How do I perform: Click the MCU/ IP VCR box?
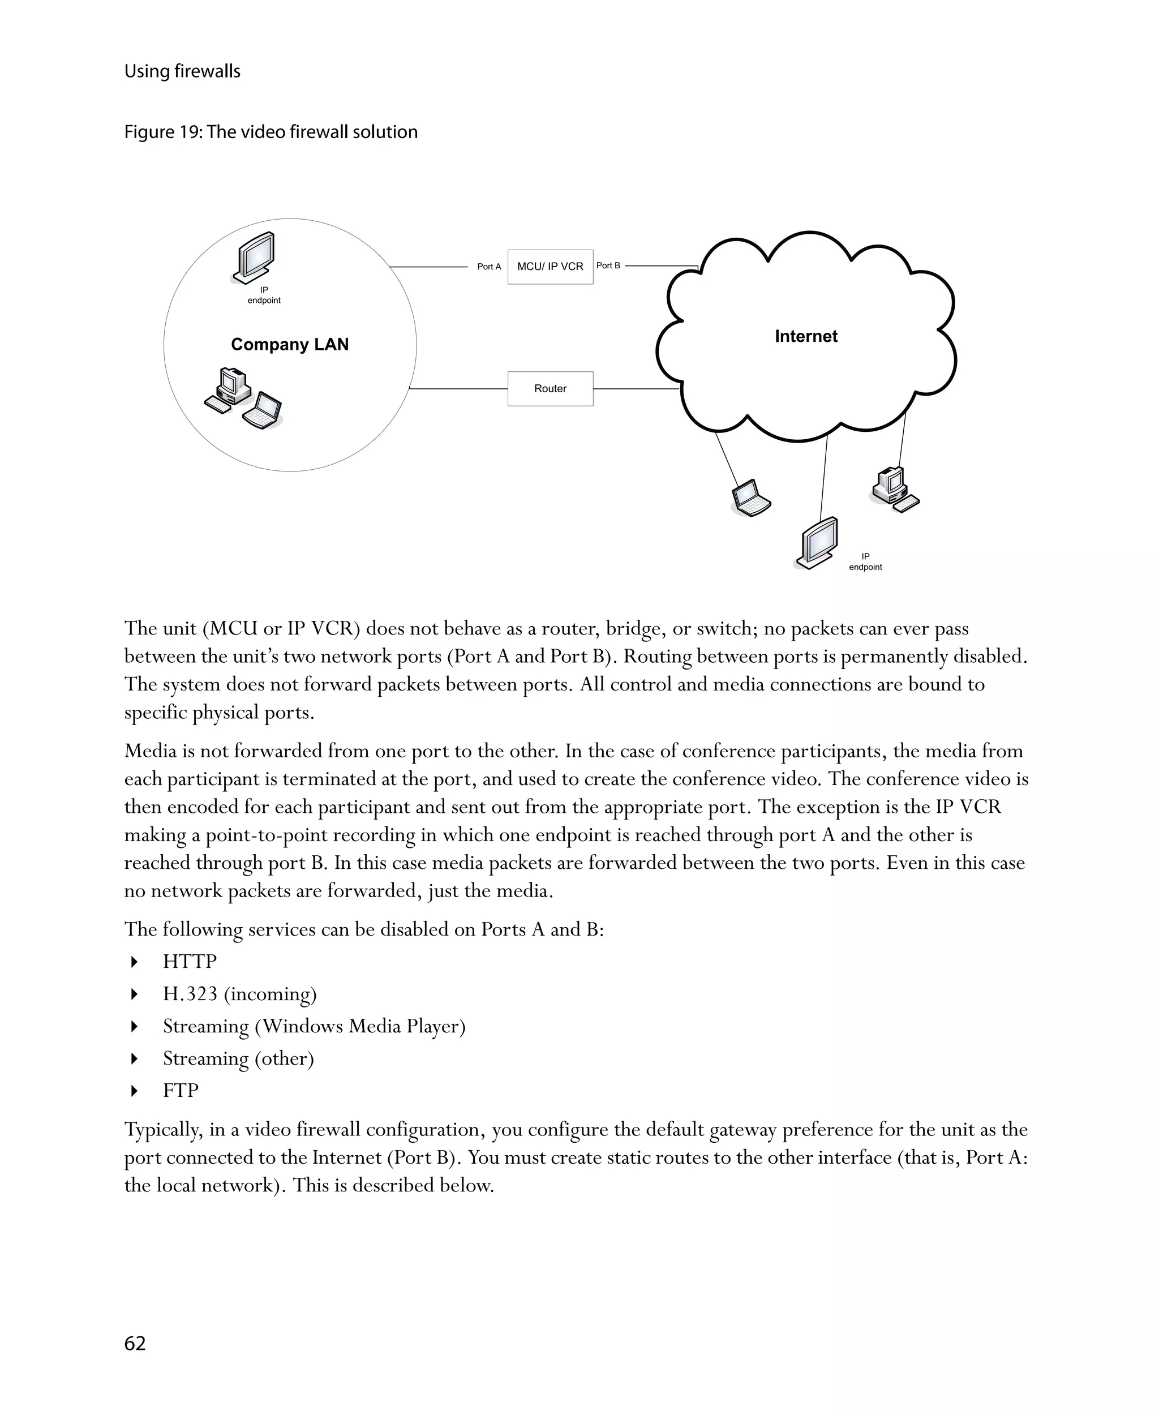coord(550,267)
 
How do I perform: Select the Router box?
coord(550,389)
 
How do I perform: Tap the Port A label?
coord(489,267)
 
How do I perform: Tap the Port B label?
coord(608,266)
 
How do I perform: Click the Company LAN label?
coord(290,345)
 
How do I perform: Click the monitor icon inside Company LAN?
coord(254,258)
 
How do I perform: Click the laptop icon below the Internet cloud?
coord(751,498)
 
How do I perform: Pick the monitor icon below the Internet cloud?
coord(817,542)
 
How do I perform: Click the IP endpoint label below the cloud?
coord(865,561)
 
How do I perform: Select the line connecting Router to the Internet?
coord(636,389)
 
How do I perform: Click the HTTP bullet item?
coord(190,962)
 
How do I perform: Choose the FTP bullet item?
coord(181,1091)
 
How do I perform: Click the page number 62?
coord(135,1343)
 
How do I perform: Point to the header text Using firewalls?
coord(182,71)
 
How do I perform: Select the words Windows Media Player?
coord(360,1026)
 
